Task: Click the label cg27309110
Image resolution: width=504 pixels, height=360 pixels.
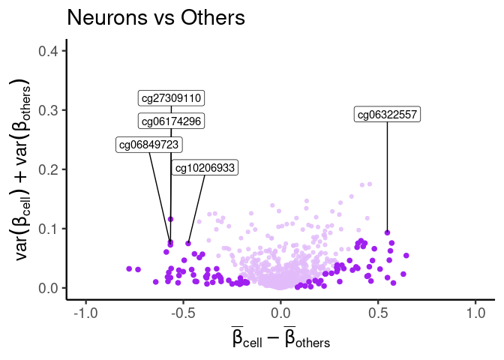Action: (172, 98)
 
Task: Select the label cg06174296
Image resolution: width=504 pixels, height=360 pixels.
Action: (172, 121)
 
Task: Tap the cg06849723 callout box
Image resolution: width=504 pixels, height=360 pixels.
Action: (149, 145)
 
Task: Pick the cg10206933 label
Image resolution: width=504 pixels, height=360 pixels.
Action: (204, 168)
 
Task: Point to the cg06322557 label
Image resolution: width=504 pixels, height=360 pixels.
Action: (387, 115)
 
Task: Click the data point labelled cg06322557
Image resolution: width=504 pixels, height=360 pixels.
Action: (387, 232)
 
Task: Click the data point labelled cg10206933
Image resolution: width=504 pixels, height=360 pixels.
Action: (188, 243)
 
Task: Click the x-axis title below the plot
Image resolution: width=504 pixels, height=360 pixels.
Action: (280, 338)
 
